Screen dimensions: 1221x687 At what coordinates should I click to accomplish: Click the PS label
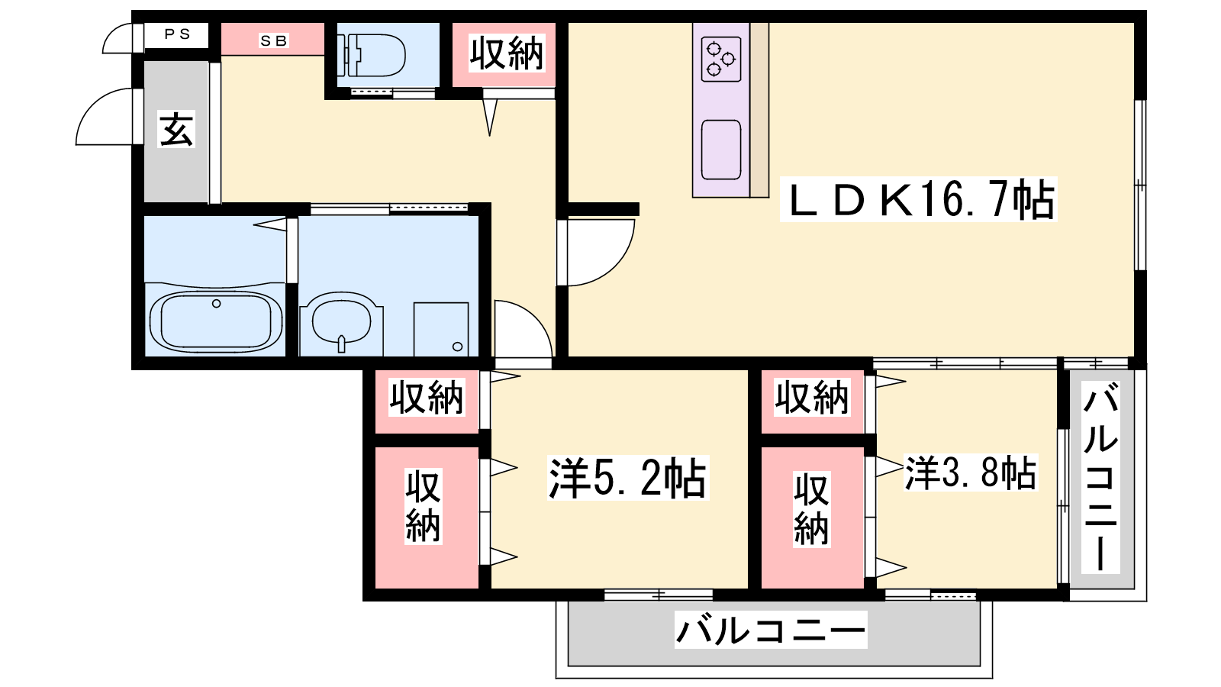click(x=177, y=34)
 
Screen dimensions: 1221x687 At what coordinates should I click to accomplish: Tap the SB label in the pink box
click(x=274, y=40)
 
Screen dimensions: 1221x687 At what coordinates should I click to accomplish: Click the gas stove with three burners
click(x=720, y=59)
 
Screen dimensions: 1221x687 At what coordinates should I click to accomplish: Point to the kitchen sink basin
click(x=720, y=150)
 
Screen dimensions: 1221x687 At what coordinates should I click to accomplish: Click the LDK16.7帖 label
click(x=919, y=199)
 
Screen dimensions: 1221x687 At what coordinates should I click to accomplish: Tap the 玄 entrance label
click(x=176, y=129)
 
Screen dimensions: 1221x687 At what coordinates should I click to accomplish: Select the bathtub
click(x=216, y=321)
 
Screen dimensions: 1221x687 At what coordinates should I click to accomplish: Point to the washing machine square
click(x=441, y=329)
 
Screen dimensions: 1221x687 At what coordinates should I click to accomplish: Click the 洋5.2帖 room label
click(x=628, y=478)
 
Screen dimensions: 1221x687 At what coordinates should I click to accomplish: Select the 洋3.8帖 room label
click(x=970, y=473)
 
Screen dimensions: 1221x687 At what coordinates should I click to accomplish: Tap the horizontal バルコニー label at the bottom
click(x=771, y=630)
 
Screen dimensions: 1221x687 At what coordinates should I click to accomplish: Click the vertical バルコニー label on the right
click(x=1100, y=477)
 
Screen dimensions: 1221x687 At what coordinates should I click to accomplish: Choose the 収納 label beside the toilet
click(x=507, y=53)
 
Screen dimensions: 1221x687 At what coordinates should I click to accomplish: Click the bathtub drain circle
click(x=217, y=304)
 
